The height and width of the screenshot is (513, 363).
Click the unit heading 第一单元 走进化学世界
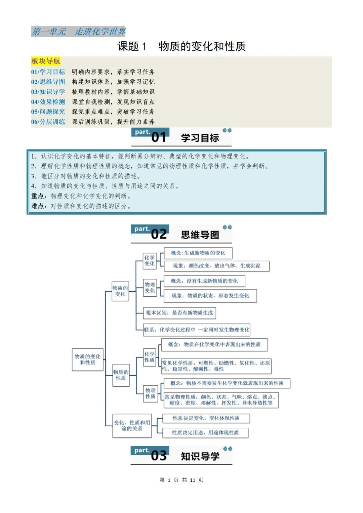78,32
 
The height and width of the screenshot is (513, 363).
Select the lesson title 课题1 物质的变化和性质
182,46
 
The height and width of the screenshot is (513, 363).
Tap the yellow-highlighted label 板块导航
46,61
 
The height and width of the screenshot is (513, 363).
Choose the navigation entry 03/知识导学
48,92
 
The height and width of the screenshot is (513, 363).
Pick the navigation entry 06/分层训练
48,122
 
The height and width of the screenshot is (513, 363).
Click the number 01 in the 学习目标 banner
159,137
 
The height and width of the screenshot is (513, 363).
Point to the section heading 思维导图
200,235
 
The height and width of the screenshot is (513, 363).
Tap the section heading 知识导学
200,456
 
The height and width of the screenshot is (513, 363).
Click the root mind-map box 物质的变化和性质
87,359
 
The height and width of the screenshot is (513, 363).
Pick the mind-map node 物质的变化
120,291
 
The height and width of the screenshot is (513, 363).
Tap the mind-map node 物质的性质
121,375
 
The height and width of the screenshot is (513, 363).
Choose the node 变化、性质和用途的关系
132,426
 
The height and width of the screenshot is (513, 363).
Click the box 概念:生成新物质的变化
198,253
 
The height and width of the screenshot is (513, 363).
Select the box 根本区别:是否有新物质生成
179,313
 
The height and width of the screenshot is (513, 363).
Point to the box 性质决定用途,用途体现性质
205,433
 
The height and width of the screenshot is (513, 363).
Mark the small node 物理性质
150,393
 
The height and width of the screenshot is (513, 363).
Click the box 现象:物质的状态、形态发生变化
210,296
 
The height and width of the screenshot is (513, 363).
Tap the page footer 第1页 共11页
182,480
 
